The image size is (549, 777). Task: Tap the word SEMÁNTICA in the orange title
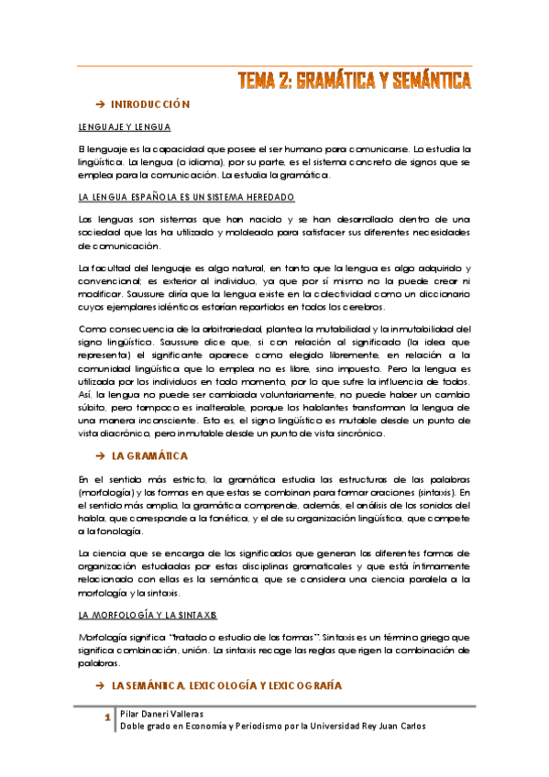[427, 81]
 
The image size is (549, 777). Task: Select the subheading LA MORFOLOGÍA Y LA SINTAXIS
[148, 613]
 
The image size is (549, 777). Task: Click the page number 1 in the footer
[108, 717]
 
